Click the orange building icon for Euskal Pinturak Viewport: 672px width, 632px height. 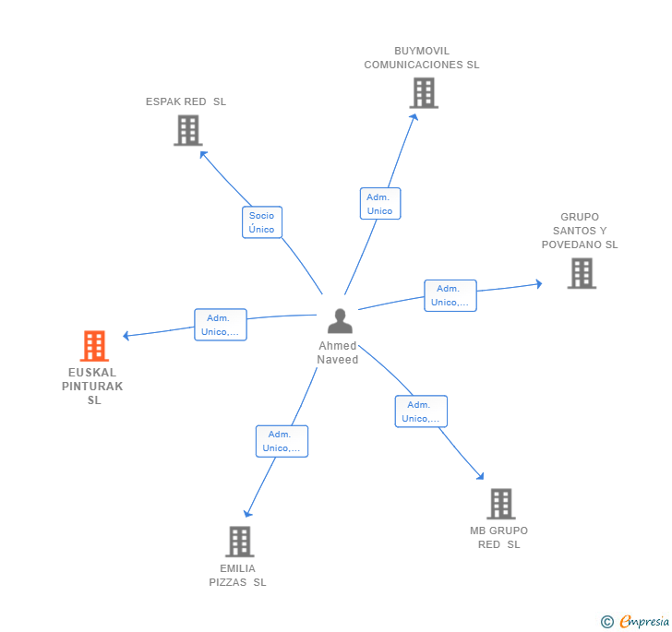(94, 346)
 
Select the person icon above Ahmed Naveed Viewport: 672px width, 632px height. (340, 321)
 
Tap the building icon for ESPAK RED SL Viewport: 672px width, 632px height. (187, 130)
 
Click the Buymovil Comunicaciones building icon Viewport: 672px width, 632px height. (423, 93)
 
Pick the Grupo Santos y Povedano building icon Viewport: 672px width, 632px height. (581, 273)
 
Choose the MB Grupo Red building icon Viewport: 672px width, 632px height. (500, 504)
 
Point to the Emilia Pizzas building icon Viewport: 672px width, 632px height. (239, 542)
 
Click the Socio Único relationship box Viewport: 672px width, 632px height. (262, 222)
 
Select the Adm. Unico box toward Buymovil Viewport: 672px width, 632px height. (379, 204)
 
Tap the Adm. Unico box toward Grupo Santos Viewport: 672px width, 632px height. (450, 295)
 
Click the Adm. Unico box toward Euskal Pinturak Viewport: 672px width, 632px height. (221, 325)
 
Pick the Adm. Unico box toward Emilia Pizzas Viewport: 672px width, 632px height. (282, 441)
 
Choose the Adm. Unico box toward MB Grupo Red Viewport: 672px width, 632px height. (421, 411)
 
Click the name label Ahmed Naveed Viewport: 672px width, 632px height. (338, 353)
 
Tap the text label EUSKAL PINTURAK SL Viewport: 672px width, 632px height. (93, 387)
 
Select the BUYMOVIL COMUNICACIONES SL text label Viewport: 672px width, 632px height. (422, 58)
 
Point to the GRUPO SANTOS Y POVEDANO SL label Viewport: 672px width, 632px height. (580, 232)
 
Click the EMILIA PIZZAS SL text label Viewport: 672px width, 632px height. (237, 575)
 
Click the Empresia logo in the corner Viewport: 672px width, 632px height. (636, 621)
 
